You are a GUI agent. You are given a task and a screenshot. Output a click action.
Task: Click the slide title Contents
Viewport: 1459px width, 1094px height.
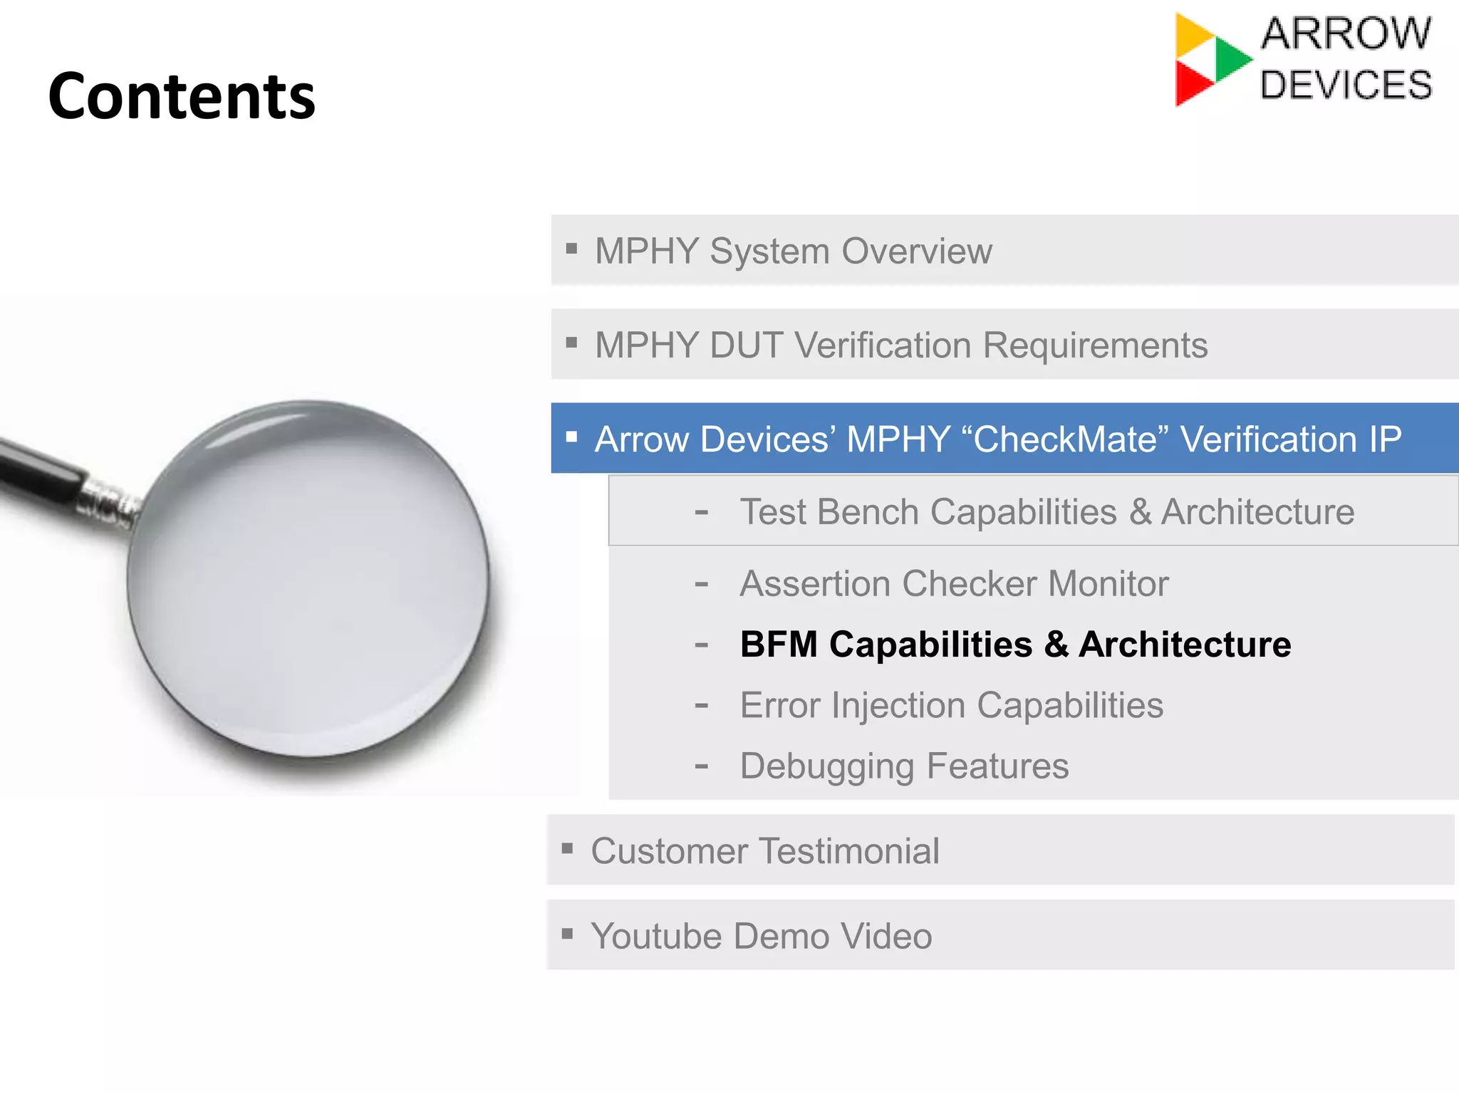(x=182, y=96)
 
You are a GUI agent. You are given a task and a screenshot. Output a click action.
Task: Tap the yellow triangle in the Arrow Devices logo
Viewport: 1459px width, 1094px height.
(x=1191, y=36)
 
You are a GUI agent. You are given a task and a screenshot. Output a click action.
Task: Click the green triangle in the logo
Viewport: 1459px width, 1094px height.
(x=1230, y=59)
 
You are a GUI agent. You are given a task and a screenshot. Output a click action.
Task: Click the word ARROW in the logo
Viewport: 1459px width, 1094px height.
(x=1346, y=33)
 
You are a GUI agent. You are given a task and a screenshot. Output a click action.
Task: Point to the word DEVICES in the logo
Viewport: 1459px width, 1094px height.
(x=1346, y=85)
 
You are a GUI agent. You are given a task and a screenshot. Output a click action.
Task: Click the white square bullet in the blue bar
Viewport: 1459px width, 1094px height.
(x=571, y=437)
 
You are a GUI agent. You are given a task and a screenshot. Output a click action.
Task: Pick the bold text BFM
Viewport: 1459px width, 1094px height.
(x=779, y=645)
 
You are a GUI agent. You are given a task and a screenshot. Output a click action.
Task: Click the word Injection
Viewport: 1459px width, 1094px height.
(x=898, y=706)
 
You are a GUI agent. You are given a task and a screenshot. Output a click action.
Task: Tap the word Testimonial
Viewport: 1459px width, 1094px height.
(x=848, y=851)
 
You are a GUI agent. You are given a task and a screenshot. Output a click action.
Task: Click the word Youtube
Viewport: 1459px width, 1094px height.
(x=655, y=936)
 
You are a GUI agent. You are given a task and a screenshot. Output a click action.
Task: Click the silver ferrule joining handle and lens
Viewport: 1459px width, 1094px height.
(x=107, y=503)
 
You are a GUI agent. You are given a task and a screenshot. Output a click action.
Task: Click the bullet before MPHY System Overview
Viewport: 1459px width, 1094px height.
(x=571, y=249)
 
